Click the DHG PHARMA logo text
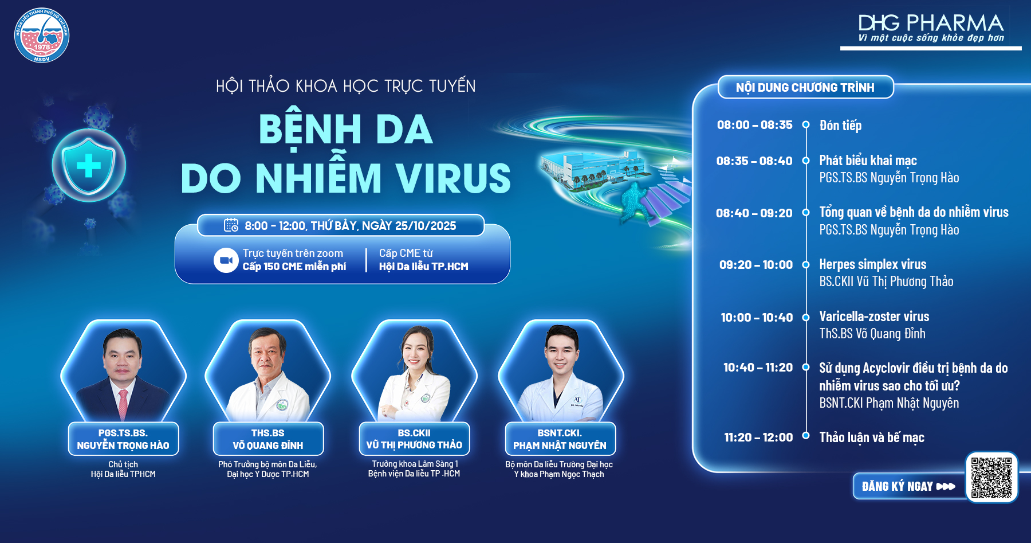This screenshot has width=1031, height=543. click(931, 23)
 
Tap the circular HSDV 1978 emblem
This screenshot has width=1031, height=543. click(42, 36)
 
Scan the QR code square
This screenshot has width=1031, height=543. click(991, 477)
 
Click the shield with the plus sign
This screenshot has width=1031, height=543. click(89, 166)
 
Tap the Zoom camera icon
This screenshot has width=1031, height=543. click(226, 260)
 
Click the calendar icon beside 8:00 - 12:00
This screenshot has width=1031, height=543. click(231, 225)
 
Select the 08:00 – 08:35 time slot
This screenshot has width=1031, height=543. click(754, 125)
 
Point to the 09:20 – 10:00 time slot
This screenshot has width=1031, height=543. click(756, 265)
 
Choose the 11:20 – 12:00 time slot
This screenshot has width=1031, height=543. click(758, 437)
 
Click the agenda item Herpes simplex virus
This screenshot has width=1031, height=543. click(872, 264)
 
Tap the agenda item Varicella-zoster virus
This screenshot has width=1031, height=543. click(874, 317)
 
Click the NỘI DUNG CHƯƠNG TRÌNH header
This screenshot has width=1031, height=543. click(805, 87)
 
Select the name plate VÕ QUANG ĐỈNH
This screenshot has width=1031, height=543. click(268, 439)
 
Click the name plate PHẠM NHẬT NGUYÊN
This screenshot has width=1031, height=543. click(560, 439)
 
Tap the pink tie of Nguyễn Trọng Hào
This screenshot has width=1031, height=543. click(123, 404)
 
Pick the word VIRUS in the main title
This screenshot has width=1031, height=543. click(453, 178)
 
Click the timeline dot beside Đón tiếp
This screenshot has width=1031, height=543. click(806, 124)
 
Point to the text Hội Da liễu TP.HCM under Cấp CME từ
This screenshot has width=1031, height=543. click(423, 267)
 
